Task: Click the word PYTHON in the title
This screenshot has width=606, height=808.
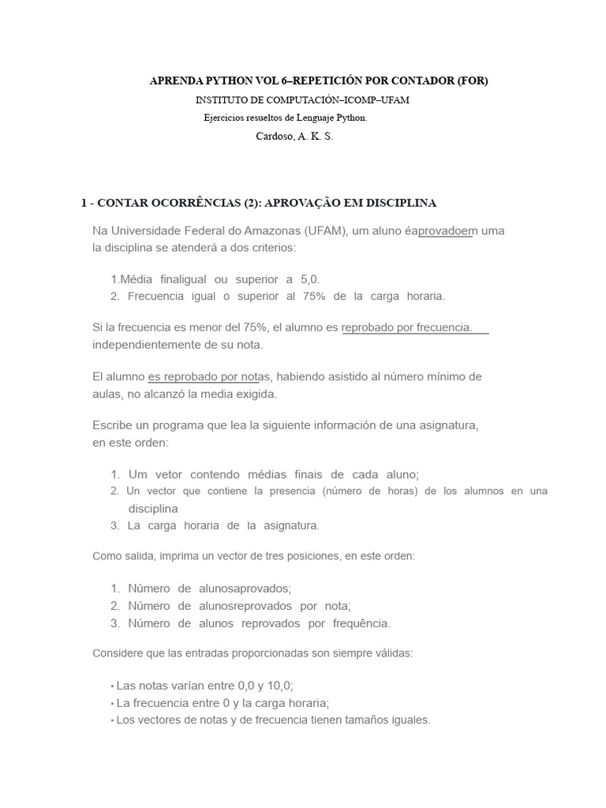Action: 223,81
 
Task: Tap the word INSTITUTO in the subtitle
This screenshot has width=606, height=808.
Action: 219,100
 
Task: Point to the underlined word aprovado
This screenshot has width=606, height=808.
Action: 443,231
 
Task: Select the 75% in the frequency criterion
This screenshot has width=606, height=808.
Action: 314,297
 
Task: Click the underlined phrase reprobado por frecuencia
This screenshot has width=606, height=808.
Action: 407,327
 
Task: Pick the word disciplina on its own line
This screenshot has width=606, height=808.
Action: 153,508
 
